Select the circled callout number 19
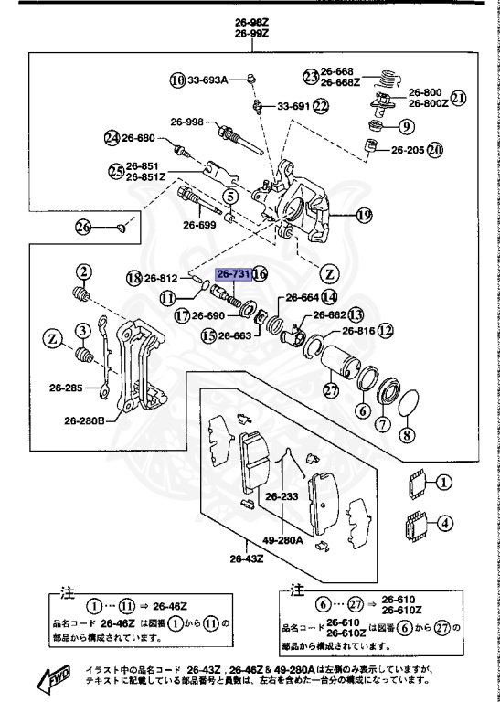(x=364, y=216)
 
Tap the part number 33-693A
(x=207, y=80)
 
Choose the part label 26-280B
(x=83, y=421)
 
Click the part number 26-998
(x=186, y=121)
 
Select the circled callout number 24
(x=112, y=138)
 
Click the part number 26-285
(x=68, y=387)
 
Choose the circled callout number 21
(x=458, y=98)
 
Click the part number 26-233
(x=283, y=497)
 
